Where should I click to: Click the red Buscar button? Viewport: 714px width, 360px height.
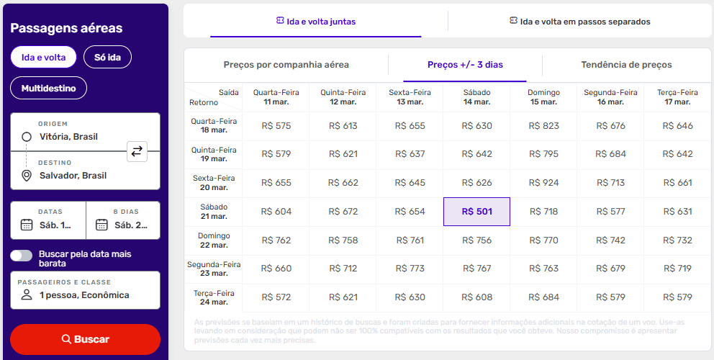click(85, 339)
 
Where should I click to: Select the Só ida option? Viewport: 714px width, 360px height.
click(107, 57)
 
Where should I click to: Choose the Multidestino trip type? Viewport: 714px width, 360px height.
click(48, 88)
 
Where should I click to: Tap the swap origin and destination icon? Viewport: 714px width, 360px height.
click(136, 151)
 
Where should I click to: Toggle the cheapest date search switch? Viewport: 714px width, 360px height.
click(22, 256)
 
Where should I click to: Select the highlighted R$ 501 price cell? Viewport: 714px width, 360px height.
click(476, 212)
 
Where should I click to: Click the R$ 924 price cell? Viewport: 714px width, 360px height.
click(543, 183)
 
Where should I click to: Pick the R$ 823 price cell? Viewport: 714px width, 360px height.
click(543, 126)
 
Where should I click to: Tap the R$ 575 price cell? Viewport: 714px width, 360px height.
click(276, 126)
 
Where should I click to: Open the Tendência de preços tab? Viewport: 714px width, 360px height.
click(626, 65)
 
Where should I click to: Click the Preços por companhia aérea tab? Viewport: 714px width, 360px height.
click(286, 65)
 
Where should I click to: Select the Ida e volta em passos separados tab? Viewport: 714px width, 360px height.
click(579, 22)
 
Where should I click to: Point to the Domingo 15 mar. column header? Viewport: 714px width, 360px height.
click(543, 97)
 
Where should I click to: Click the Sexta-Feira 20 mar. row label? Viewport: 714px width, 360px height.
click(214, 183)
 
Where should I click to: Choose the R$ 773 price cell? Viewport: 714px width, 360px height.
click(410, 269)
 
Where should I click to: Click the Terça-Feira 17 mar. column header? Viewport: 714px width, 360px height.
click(677, 97)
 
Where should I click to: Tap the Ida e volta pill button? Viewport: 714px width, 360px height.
click(43, 57)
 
